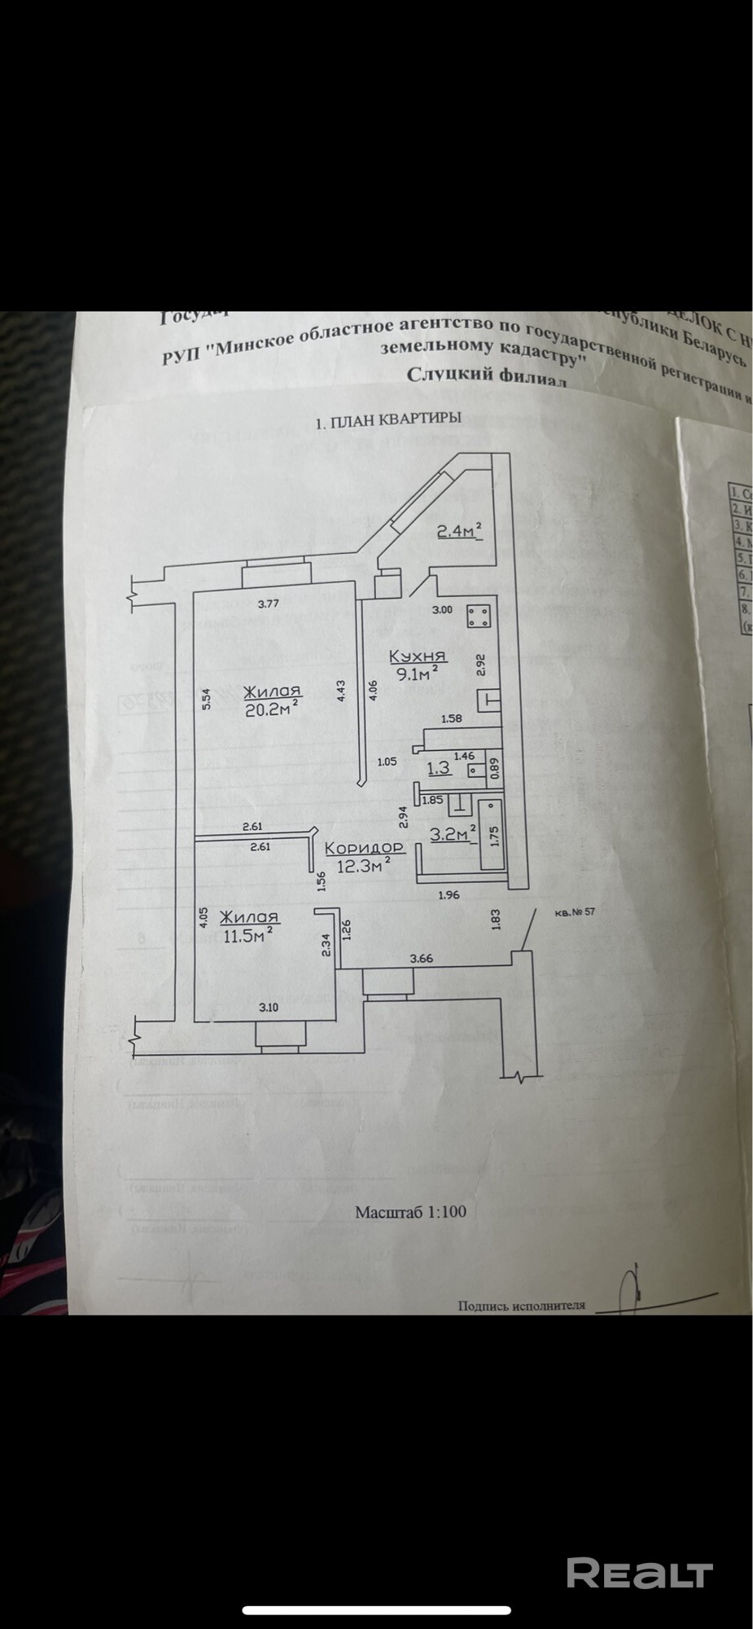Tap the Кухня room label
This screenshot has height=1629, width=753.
tap(418, 656)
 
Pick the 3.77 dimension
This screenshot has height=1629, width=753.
tap(269, 604)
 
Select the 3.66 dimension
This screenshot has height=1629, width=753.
tap(422, 959)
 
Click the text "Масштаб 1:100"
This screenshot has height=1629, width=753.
tap(410, 1211)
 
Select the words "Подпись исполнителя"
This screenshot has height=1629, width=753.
tap(522, 1304)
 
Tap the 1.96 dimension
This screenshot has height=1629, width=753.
tap(449, 895)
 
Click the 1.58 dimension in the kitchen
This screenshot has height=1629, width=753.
tap(451, 718)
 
